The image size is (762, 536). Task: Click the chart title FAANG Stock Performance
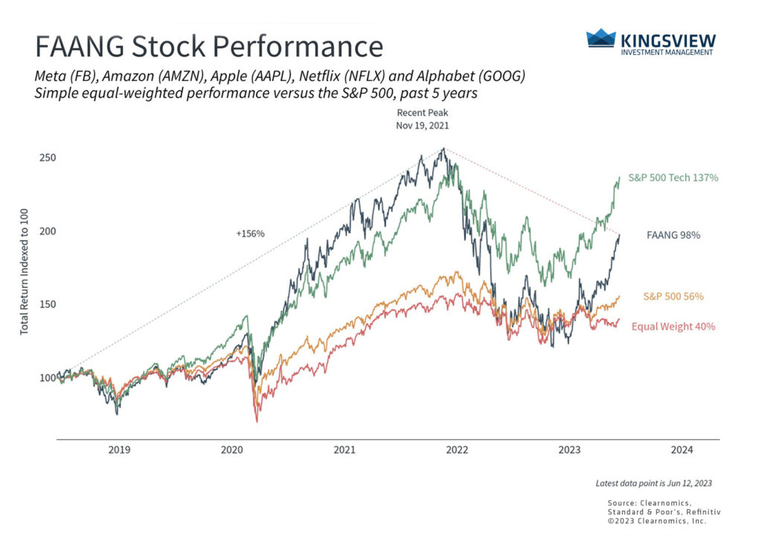pos(209,46)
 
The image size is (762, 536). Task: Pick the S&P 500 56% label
pos(673,297)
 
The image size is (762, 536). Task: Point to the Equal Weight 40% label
pos(673,326)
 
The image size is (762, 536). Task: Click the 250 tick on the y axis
pos(47,158)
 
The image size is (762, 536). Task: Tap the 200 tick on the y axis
pos(47,231)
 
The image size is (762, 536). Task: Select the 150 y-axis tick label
pos(47,304)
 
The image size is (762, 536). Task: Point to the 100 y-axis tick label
pos(47,377)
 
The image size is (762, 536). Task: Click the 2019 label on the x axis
pos(120,450)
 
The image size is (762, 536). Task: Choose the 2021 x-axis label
pos(344,450)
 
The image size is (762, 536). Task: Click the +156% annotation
pos(250,233)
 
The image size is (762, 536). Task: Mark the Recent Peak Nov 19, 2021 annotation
pos(423,119)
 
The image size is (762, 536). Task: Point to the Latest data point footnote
pos(654,483)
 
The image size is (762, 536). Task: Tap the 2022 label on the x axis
pos(456,450)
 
